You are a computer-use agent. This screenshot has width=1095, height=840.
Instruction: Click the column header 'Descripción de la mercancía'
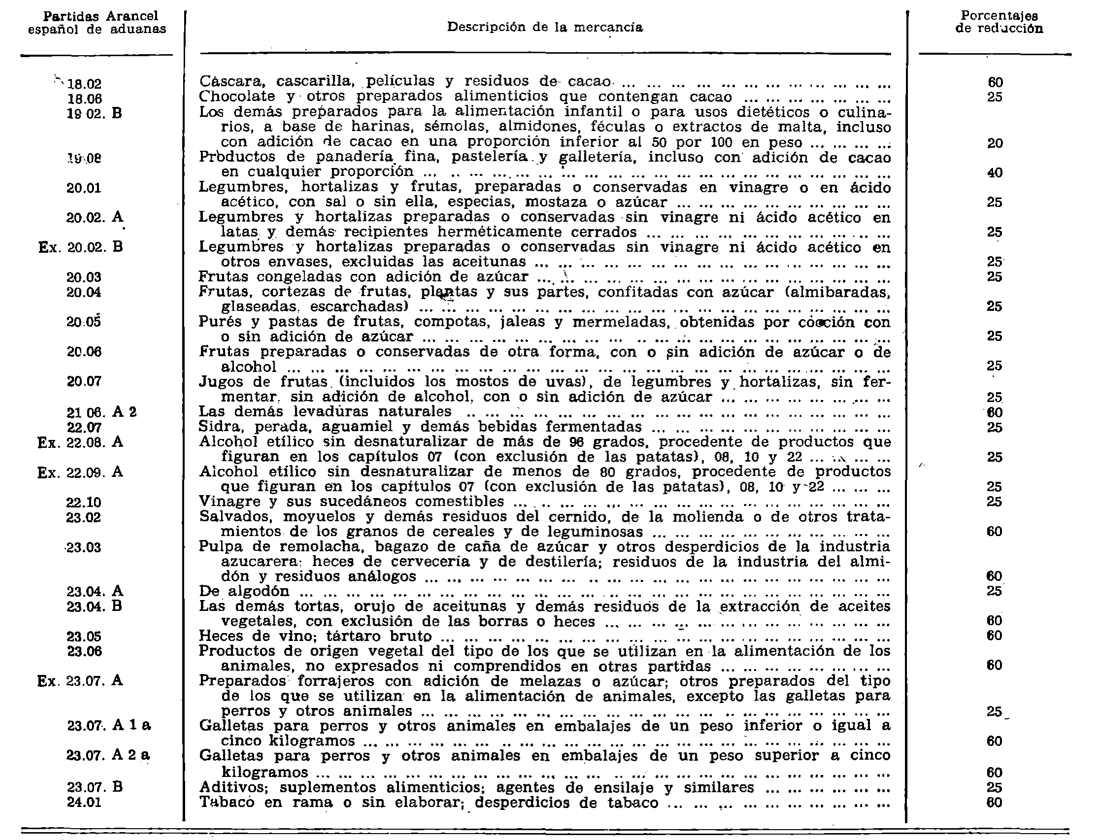point(545,27)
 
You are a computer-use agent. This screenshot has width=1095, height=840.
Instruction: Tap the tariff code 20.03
point(83,277)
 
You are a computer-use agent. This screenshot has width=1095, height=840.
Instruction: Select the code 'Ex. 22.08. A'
point(80,442)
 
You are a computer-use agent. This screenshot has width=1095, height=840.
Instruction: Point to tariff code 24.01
point(83,802)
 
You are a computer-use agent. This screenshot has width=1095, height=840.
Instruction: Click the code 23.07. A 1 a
point(109,726)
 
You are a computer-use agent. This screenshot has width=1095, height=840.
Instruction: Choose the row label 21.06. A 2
point(101,412)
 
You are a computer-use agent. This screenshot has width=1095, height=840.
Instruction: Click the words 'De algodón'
point(244,591)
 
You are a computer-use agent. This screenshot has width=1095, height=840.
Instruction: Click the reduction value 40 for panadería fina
point(995,173)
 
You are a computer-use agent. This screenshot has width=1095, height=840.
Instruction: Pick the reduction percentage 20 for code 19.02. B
point(995,143)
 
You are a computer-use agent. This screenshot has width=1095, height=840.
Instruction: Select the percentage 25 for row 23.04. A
point(995,591)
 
